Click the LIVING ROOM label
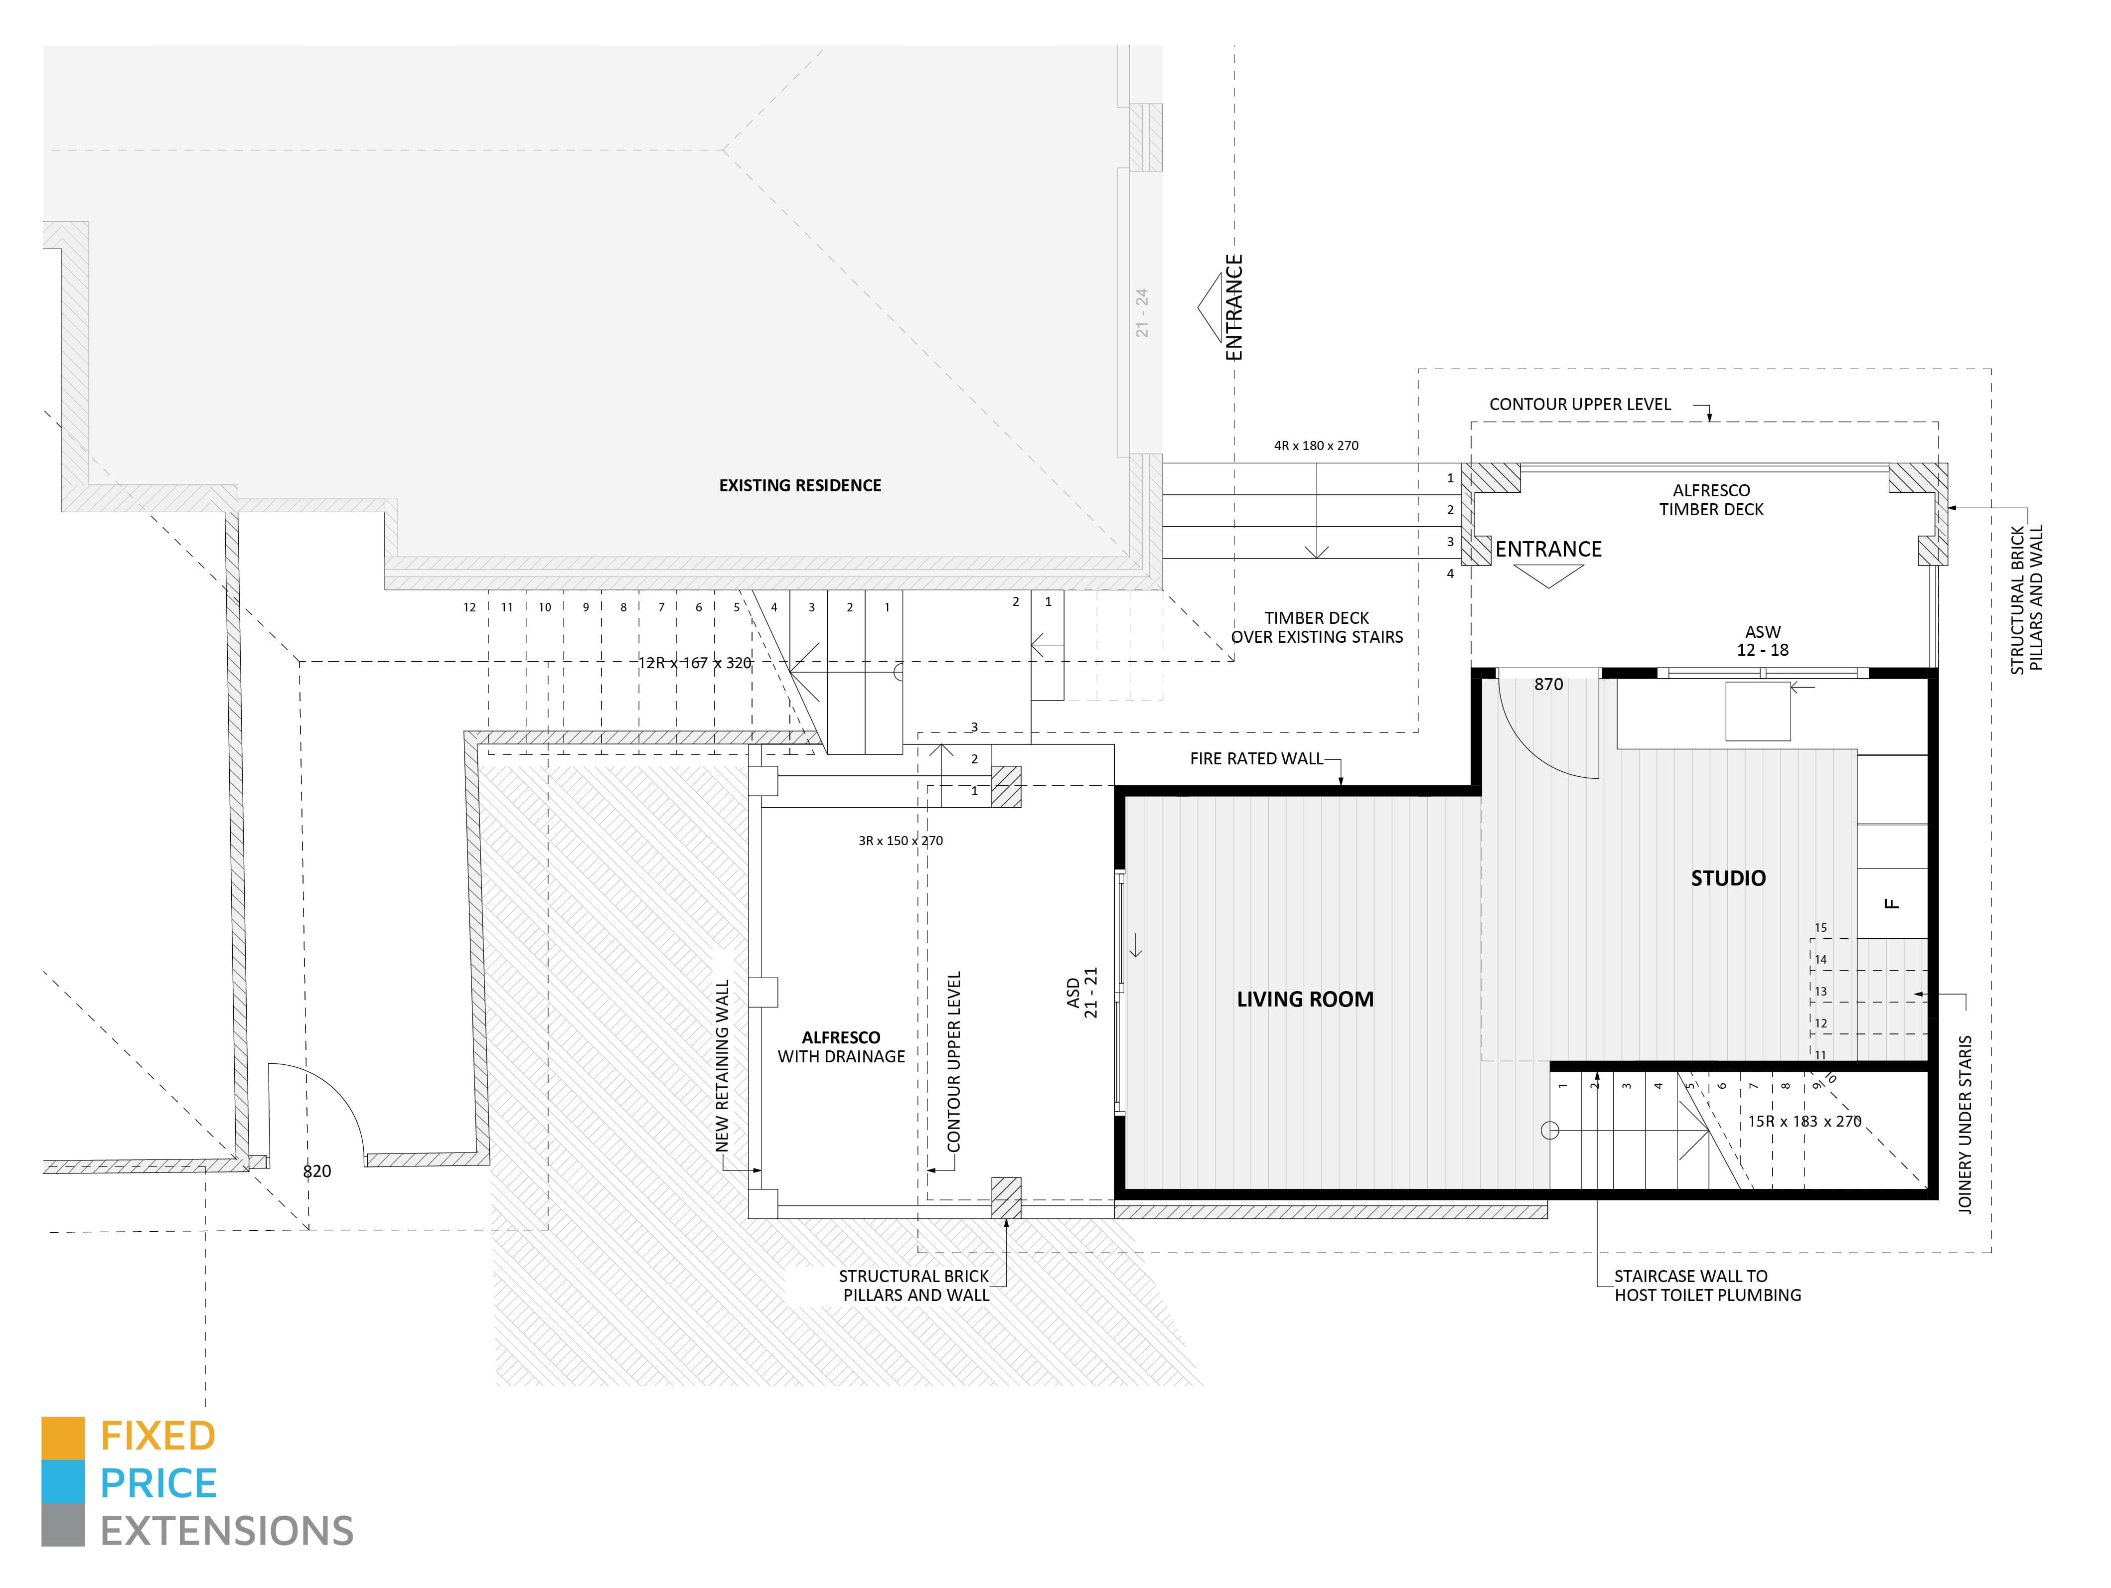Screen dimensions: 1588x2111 (x=1305, y=999)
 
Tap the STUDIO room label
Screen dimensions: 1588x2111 (x=1727, y=878)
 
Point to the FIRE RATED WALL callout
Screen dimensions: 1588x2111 (x=1256, y=759)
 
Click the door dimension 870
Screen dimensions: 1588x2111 (x=1548, y=684)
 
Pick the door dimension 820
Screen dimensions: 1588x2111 (x=317, y=1171)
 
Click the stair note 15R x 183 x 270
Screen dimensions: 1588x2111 (x=1804, y=1121)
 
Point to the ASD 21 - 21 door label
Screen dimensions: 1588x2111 (x=1082, y=993)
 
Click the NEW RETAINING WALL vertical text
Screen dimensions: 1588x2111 (x=723, y=1065)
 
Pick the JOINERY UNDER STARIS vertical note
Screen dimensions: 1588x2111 (x=1964, y=1124)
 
